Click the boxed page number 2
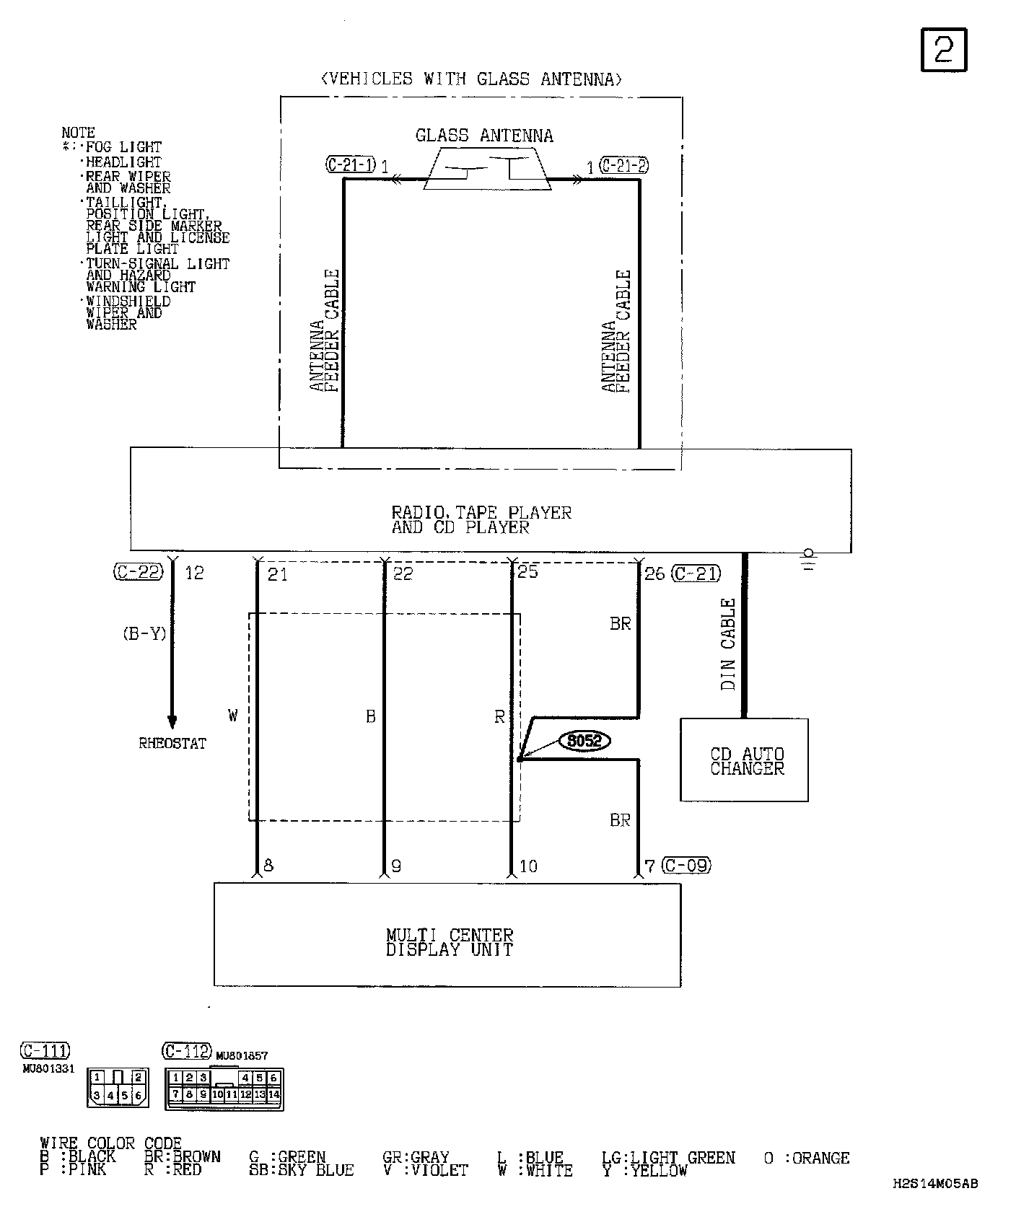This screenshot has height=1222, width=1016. point(943,50)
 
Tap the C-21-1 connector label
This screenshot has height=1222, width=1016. point(351,165)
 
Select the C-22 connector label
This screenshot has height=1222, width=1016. point(139,572)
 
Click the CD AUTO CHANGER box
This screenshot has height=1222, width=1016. point(744,760)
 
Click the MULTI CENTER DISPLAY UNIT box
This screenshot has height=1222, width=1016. point(447,935)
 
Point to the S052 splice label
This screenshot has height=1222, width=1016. point(584,741)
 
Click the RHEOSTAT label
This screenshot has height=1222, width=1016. point(172,744)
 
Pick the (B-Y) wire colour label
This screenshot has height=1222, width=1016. point(144,633)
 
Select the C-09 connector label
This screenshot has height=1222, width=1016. point(686,865)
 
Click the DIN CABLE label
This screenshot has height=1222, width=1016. point(728,644)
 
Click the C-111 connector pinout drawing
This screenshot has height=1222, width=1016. point(118,1088)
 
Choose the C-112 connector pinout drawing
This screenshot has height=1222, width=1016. point(224,1089)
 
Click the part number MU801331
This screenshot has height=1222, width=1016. point(48,1069)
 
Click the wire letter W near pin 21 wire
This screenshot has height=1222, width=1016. point(232,716)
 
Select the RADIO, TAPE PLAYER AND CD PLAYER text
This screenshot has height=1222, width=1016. point(481,520)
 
